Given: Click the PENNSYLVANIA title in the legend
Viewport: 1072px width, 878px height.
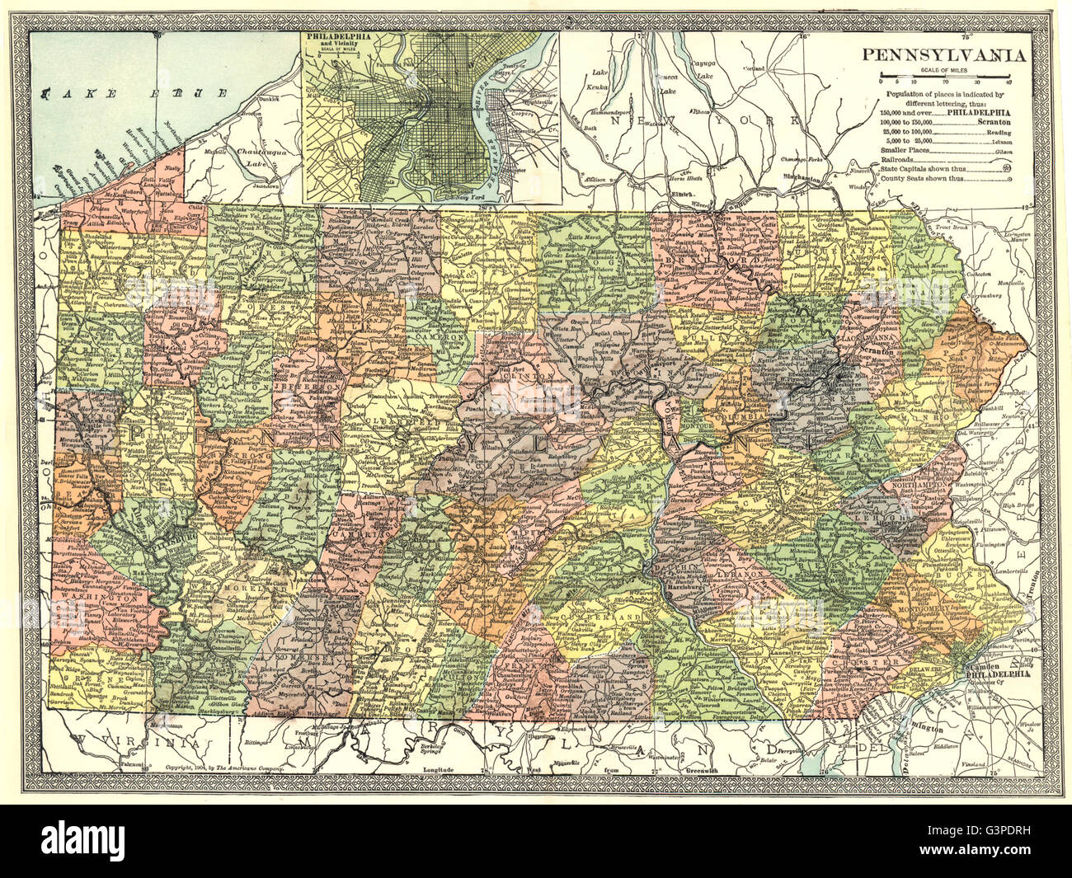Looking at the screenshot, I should pos(944,56).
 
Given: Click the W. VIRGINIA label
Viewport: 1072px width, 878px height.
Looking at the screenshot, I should pos(136,743).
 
